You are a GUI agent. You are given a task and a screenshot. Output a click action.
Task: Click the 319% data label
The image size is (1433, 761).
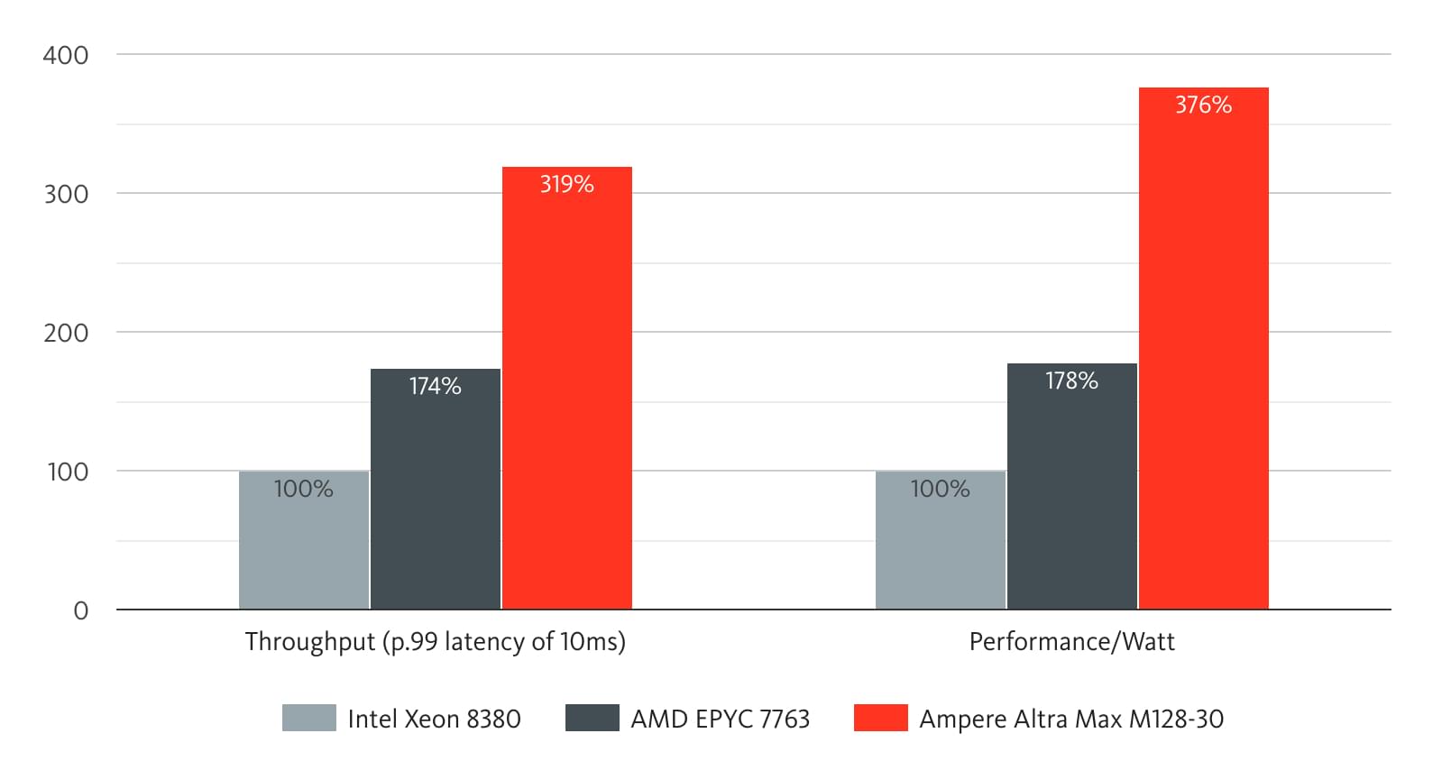[x=566, y=184]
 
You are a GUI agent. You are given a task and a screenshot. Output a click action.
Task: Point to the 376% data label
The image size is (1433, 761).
[x=1203, y=105]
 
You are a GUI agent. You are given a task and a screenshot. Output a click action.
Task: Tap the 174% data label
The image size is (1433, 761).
[x=435, y=386]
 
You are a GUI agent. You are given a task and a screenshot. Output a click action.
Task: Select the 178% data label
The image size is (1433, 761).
[x=1071, y=380]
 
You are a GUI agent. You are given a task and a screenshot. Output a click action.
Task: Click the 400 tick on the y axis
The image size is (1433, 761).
[x=66, y=55]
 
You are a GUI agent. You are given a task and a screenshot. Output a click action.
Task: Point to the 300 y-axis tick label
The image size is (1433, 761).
[x=66, y=194]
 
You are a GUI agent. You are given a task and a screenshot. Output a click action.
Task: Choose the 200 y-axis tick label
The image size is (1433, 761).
[x=66, y=333]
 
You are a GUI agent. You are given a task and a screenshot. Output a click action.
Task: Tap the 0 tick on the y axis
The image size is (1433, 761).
[x=81, y=611]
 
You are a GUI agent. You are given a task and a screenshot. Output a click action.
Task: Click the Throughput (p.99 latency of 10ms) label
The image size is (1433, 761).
[x=435, y=642]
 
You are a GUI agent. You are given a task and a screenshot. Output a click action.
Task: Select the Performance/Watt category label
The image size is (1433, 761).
[x=1071, y=642]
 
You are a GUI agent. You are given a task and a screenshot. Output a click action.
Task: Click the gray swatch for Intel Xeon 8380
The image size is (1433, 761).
[x=308, y=718]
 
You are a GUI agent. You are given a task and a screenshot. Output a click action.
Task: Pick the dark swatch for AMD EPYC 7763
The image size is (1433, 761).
[x=592, y=718]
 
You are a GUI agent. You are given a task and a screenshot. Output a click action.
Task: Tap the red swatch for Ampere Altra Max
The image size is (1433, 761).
[x=880, y=718]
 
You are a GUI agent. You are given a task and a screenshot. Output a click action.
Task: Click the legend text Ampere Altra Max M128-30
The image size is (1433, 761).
[x=1071, y=719]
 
